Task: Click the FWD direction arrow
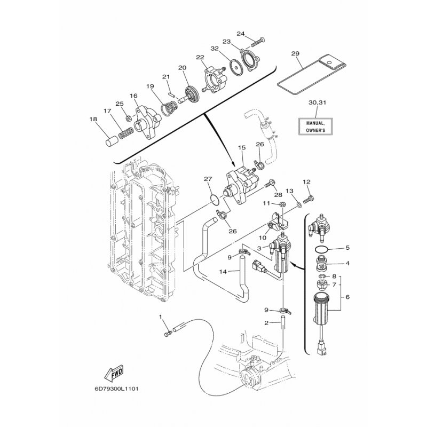(114, 373)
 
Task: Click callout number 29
(296, 53)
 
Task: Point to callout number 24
(241, 34)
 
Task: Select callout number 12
(306, 182)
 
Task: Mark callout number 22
(200, 57)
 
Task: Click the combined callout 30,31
(317, 101)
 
